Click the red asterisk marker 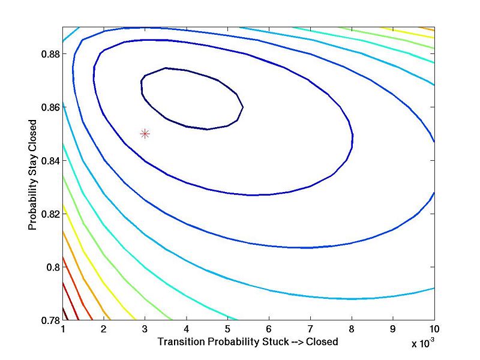click(145, 134)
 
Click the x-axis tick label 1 click(63, 329)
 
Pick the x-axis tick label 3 click(145, 329)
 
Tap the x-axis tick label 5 click(227, 329)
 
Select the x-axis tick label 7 click(310, 329)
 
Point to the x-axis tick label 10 click(434, 329)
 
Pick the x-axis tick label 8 click(352, 329)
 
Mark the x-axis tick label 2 click(104, 329)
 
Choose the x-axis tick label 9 click(393, 329)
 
